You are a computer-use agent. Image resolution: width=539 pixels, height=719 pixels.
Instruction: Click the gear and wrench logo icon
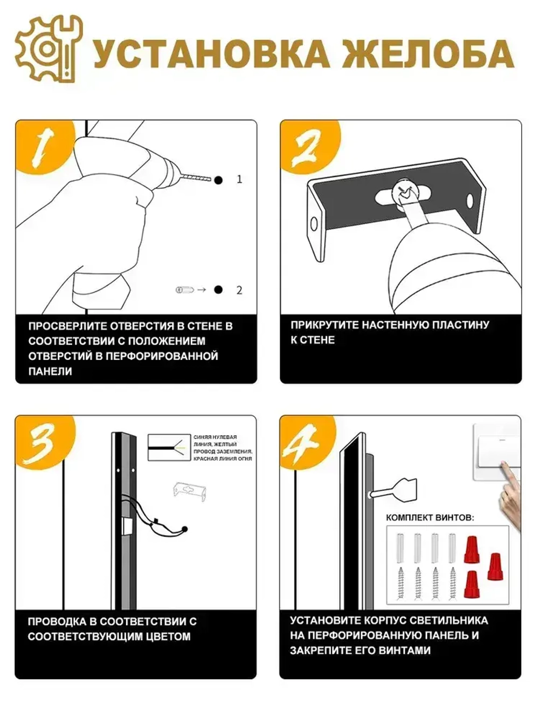(x=49, y=49)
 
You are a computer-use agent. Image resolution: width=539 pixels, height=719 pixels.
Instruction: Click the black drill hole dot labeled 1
(x=218, y=180)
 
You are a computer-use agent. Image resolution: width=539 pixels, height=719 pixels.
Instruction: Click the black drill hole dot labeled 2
(x=218, y=290)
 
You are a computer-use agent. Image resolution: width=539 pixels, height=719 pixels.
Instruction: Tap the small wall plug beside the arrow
(x=184, y=290)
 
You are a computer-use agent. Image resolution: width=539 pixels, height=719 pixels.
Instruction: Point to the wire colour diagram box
(x=169, y=448)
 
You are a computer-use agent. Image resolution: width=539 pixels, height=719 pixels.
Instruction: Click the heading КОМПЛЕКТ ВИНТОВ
(x=430, y=518)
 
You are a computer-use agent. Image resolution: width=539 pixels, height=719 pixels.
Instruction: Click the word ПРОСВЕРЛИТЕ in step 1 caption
(x=67, y=326)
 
